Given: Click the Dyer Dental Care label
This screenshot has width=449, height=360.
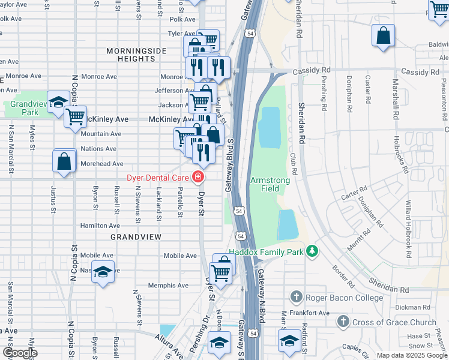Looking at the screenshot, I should [158, 177].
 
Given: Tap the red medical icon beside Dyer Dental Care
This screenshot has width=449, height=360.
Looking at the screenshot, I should [197, 177].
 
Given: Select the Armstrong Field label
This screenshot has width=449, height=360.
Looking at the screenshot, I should [270, 184].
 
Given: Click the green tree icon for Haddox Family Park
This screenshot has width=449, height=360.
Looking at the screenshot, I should [312, 250].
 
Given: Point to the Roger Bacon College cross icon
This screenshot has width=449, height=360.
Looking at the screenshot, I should [295, 297].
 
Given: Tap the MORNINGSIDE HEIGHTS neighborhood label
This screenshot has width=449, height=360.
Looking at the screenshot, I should [136, 55].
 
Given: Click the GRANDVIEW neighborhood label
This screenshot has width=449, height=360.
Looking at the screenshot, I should [136, 237].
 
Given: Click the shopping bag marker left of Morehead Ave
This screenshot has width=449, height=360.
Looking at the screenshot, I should [64, 161].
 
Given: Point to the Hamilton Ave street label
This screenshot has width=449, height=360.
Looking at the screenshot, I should [100, 226].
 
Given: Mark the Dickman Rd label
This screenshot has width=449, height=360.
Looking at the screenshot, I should [413, 307].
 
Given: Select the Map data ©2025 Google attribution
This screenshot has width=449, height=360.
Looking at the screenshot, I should [411, 355].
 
